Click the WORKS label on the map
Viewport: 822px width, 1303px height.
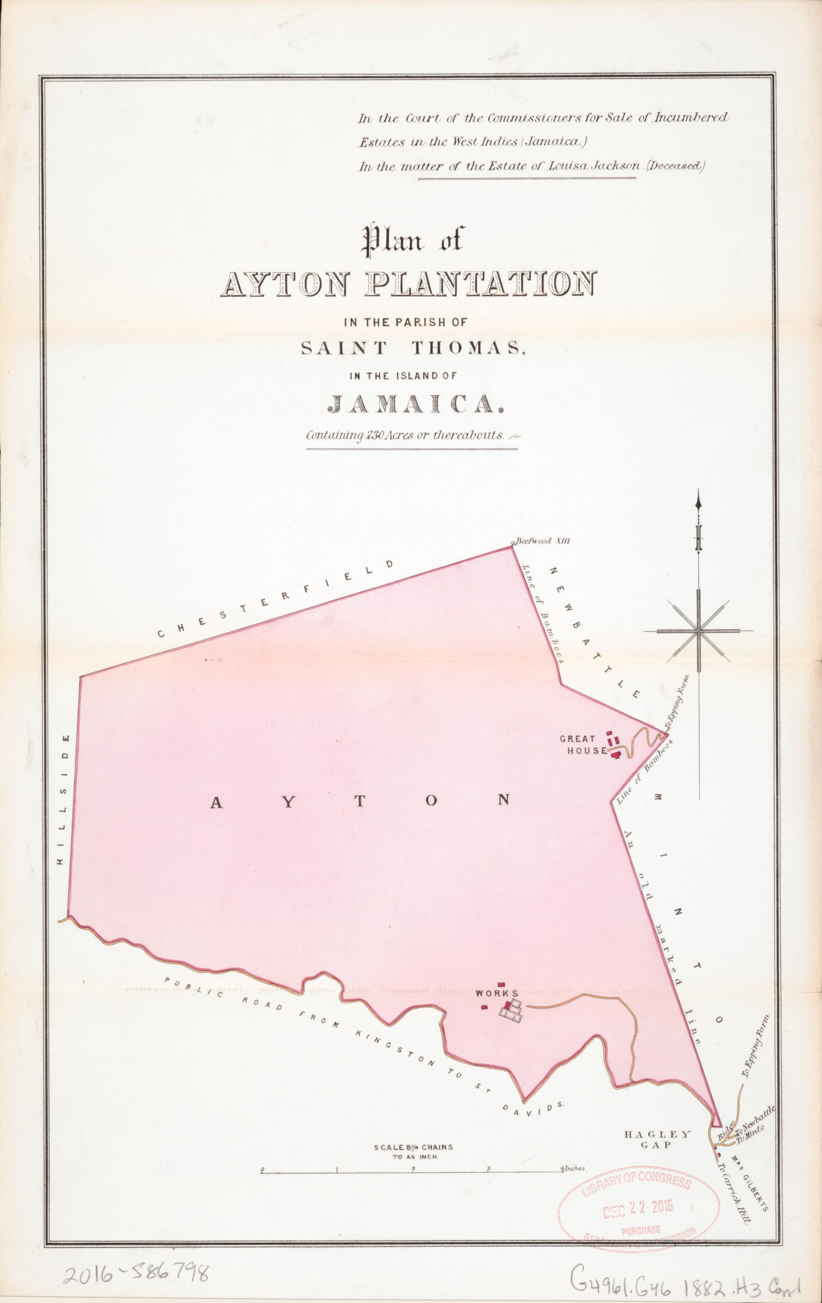pyautogui.click(x=497, y=993)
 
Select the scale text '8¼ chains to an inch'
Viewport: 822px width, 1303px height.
pyautogui.click(x=413, y=1147)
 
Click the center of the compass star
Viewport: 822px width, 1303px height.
pyautogui.click(x=698, y=630)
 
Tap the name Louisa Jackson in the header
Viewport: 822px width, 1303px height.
pyautogui.click(x=585, y=166)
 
